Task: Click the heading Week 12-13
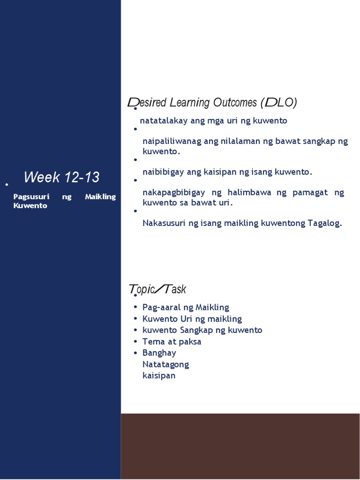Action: [x=61, y=177]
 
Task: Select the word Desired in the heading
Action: [x=146, y=102]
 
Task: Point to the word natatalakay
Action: [x=163, y=120]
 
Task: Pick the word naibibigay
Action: [x=164, y=172]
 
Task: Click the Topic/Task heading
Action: [x=157, y=289]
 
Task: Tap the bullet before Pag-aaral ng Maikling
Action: [x=135, y=307]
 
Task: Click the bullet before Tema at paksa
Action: [x=135, y=341]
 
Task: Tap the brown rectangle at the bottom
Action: [x=240, y=445]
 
